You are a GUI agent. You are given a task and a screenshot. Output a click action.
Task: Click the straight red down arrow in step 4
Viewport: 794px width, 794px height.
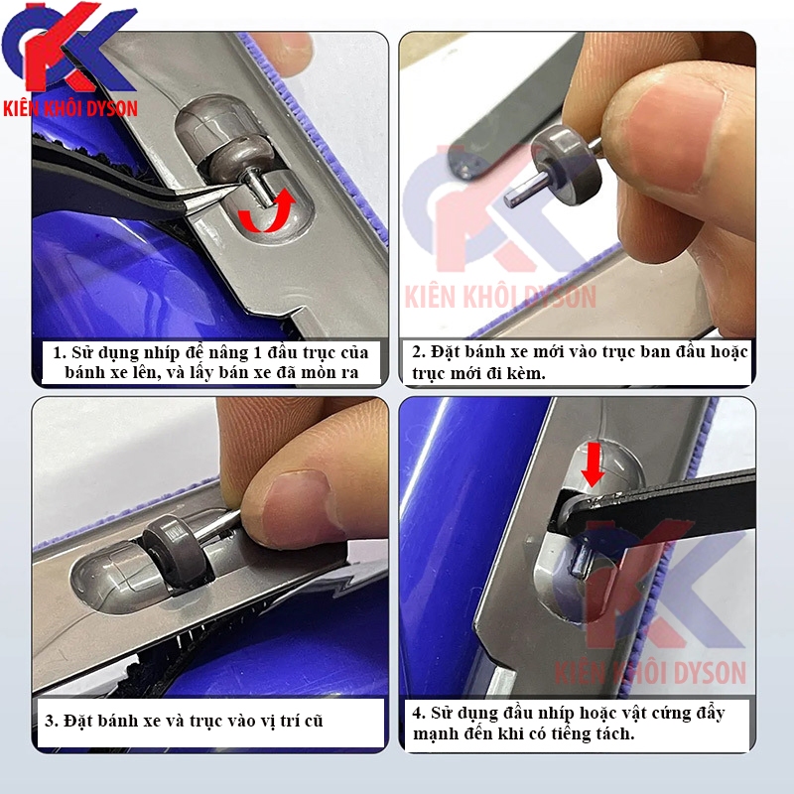[x=593, y=463]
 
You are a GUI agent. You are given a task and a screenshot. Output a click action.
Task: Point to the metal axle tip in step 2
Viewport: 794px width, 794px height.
[x=510, y=200]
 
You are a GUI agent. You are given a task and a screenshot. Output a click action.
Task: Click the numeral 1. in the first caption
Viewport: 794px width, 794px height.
[x=60, y=352]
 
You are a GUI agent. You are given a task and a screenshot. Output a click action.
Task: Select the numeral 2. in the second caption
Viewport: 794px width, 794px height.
[x=418, y=351]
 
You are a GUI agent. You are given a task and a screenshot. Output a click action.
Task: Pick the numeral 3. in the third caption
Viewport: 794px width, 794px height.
[x=52, y=721]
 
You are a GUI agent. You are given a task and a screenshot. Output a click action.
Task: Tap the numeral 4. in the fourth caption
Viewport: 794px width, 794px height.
[x=418, y=713]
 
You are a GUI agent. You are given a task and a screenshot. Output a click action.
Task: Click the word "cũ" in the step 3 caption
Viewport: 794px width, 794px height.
[x=314, y=720]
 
